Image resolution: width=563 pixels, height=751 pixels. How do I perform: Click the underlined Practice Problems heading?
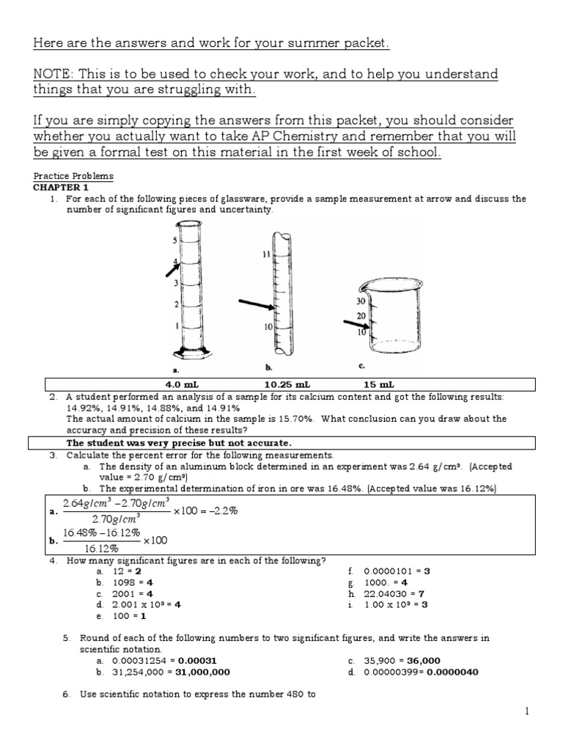[73, 177]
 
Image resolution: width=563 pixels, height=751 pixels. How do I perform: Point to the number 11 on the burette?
[266, 254]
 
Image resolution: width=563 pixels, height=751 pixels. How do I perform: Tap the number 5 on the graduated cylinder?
[174, 241]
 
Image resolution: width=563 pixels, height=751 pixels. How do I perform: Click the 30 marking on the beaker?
[361, 301]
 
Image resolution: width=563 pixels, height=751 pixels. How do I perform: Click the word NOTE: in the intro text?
[55, 73]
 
